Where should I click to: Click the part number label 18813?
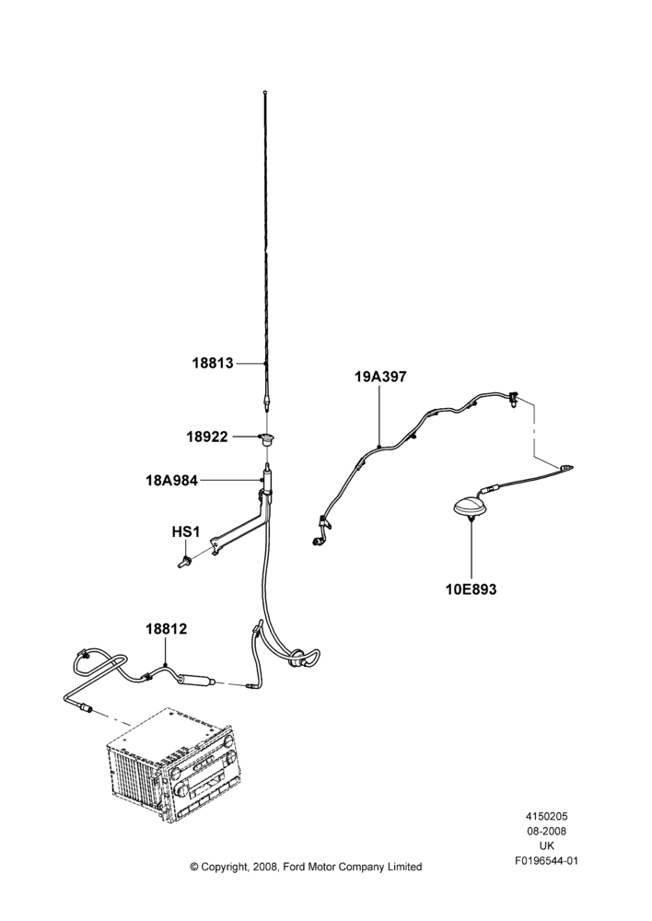click(x=213, y=363)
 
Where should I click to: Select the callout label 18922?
click(x=207, y=437)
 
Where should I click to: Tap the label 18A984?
click(x=171, y=481)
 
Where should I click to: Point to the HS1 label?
click(x=186, y=532)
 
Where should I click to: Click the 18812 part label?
click(x=167, y=629)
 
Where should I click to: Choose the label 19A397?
click(x=380, y=377)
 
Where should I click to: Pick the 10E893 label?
click(x=472, y=589)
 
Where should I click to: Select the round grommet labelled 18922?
click(x=267, y=437)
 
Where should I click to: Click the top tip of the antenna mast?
click(x=265, y=91)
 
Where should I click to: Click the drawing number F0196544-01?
click(x=546, y=860)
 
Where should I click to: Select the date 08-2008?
click(x=546, y=831)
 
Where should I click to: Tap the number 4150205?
click(x=546, y=816)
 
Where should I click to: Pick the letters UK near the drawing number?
click(x=546, y=845)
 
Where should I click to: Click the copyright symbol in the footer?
click(x=194, y=867)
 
